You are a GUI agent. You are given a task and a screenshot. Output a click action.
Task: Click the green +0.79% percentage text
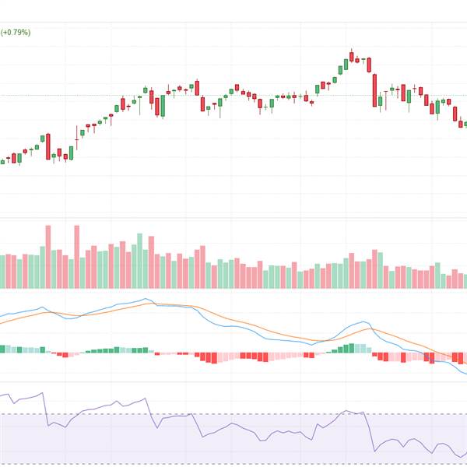15,33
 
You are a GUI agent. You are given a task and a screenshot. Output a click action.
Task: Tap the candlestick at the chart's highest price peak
351,57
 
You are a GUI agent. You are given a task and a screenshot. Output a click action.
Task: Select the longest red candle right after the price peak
374,90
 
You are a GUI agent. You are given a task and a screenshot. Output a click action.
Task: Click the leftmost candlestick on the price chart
2,161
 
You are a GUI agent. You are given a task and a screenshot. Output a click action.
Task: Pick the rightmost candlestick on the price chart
465,124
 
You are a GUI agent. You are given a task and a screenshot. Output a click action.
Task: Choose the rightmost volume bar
465,281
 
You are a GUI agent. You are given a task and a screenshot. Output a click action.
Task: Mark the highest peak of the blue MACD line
145,299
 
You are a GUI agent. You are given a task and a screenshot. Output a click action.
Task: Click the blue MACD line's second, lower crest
363,322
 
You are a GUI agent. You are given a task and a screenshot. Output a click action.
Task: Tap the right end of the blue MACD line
465,374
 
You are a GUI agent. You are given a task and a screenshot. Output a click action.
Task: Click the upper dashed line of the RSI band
233,414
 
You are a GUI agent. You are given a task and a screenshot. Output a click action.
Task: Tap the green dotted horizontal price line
233,96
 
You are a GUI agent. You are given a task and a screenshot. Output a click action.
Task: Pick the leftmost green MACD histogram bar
2,349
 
